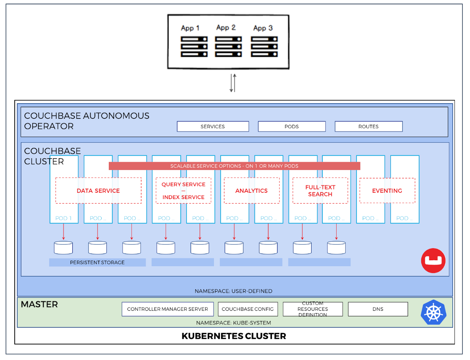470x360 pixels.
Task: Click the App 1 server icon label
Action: tap(190, 28)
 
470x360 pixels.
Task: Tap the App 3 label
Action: tap(263, 28)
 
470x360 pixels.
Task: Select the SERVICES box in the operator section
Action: tap(213, 126)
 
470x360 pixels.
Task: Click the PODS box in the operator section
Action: tap(292, 126)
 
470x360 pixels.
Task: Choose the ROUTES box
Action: tap(368, 126)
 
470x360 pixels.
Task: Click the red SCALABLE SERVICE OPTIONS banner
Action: tap(234, 166)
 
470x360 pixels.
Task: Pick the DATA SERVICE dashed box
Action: tap(98, 191)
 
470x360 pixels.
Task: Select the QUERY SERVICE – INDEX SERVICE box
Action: tap(183, 191)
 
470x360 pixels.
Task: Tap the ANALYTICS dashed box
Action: tap(251, 191)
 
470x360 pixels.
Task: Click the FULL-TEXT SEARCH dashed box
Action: tap(320, 191)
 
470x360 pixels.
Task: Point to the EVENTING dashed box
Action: tap(387, 191)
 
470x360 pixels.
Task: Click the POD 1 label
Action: tap(64, 218)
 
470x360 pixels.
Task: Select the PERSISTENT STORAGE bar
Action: tap(97, 263)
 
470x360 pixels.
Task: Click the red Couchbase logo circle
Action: tap(433, 261)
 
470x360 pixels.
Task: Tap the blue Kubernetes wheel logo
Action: tap(433, 312)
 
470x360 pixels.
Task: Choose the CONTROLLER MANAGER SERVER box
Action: tap(168, 309)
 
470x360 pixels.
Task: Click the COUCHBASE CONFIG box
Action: tap(247, 309)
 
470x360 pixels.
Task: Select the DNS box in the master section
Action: tap(378, 309)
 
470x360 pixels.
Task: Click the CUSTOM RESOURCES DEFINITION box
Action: tap(313, 309)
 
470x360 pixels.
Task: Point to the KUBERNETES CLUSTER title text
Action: tap(234, 336)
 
